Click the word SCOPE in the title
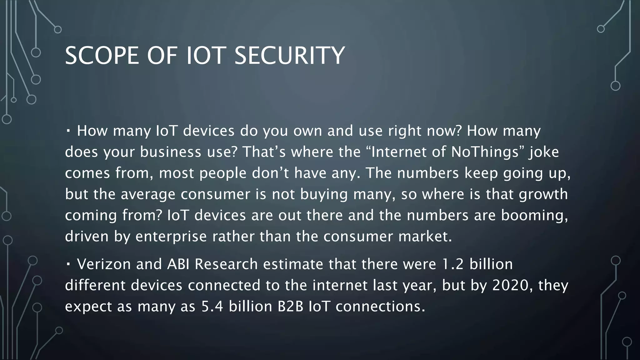[x=102, y=56]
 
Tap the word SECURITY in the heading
[x=289, y=56]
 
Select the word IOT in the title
[x=206, y=56]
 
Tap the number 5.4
[x=212, y=307]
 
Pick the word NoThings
[x=483, y=152]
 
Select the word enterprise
[x=171, y=237]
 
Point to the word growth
[x=543, y=194]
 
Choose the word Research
[x=226, y=264]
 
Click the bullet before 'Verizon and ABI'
[x=68, y=265]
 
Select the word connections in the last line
[x=380, y=307]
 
